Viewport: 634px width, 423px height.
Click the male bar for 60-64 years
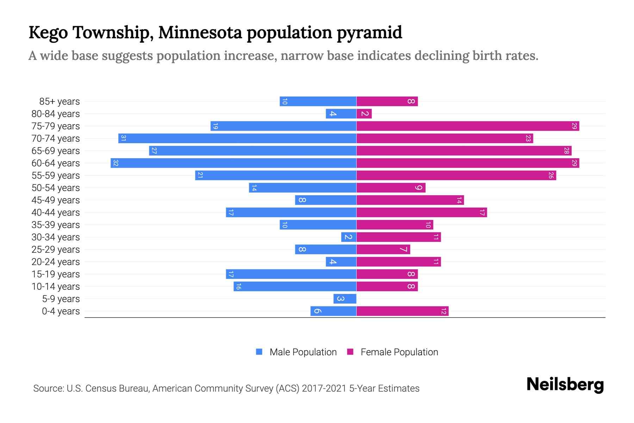(x=233, y=163)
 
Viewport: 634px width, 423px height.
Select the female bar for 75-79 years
(x=468, y=126)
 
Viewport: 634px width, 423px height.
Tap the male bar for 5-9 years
(x=345, y=299)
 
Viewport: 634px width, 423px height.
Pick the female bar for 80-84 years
(x=364, y=114)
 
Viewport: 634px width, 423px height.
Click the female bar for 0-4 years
(x=402, y=311)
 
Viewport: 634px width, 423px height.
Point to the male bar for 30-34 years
(x=349, y=237)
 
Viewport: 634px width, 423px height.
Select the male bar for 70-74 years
(x=237, y=139)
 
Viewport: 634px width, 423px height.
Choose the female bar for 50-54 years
(x=391, y=188)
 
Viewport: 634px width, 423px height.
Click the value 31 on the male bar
(x=123, y=139)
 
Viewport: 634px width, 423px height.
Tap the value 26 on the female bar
(x=551, y=176)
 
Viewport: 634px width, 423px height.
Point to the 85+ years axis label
(x=59, y=102)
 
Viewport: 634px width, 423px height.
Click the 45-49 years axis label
(x=56, y=200)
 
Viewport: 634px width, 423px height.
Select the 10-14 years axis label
(x=56, y=287)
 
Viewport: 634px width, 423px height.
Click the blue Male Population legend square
(x=259, y=352)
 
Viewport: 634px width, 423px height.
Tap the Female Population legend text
(x=399, y=352)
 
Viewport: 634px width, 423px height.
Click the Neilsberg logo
(x=565, y=385)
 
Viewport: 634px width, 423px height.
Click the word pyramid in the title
(x=369, y=33)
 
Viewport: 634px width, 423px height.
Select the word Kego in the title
(x=48, y=33)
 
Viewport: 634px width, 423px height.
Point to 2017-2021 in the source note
(x=324, y=388)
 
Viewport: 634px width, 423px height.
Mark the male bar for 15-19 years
(x=291, y=274)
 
